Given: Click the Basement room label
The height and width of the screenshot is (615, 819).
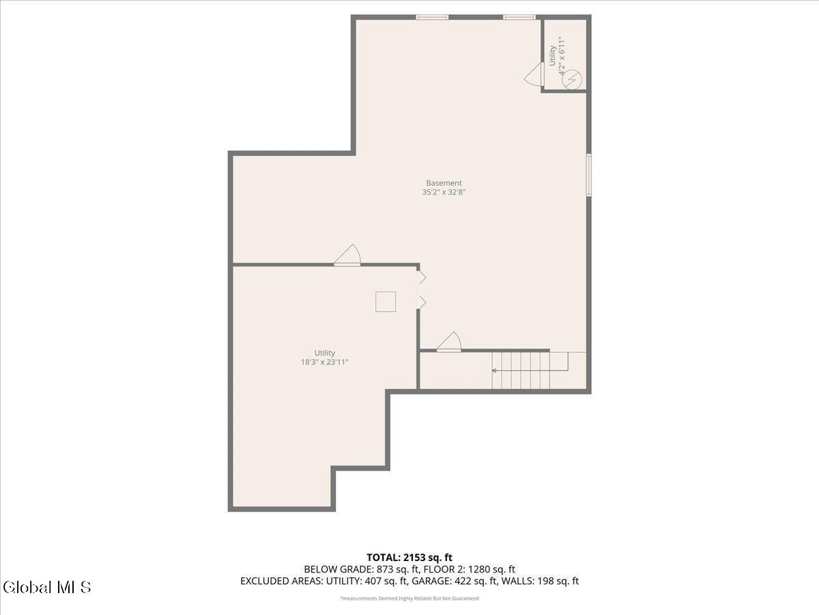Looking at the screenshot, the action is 444,183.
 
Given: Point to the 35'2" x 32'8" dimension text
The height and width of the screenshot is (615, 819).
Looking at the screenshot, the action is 444,192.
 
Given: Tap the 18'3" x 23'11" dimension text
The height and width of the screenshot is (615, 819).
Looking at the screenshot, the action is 324,362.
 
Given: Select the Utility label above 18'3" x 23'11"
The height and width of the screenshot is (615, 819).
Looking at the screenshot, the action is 324,353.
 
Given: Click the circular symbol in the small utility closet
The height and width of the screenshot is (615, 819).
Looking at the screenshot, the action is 572,79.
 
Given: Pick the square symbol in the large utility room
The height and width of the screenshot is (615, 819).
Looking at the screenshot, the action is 386,302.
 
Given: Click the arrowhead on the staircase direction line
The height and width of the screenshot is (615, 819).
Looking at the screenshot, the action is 494,371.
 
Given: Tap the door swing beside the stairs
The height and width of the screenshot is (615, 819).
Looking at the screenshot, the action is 450,341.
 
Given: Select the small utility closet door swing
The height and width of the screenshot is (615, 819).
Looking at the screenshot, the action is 533,74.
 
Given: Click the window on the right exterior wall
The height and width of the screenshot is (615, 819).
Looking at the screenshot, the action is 589,175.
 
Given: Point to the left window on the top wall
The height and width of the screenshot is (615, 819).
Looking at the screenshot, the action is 432,17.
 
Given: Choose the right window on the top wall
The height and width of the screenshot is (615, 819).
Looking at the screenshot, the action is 519,17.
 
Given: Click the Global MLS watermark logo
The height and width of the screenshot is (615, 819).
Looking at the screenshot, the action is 47,588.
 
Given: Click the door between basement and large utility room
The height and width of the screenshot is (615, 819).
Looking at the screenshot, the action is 347,256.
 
